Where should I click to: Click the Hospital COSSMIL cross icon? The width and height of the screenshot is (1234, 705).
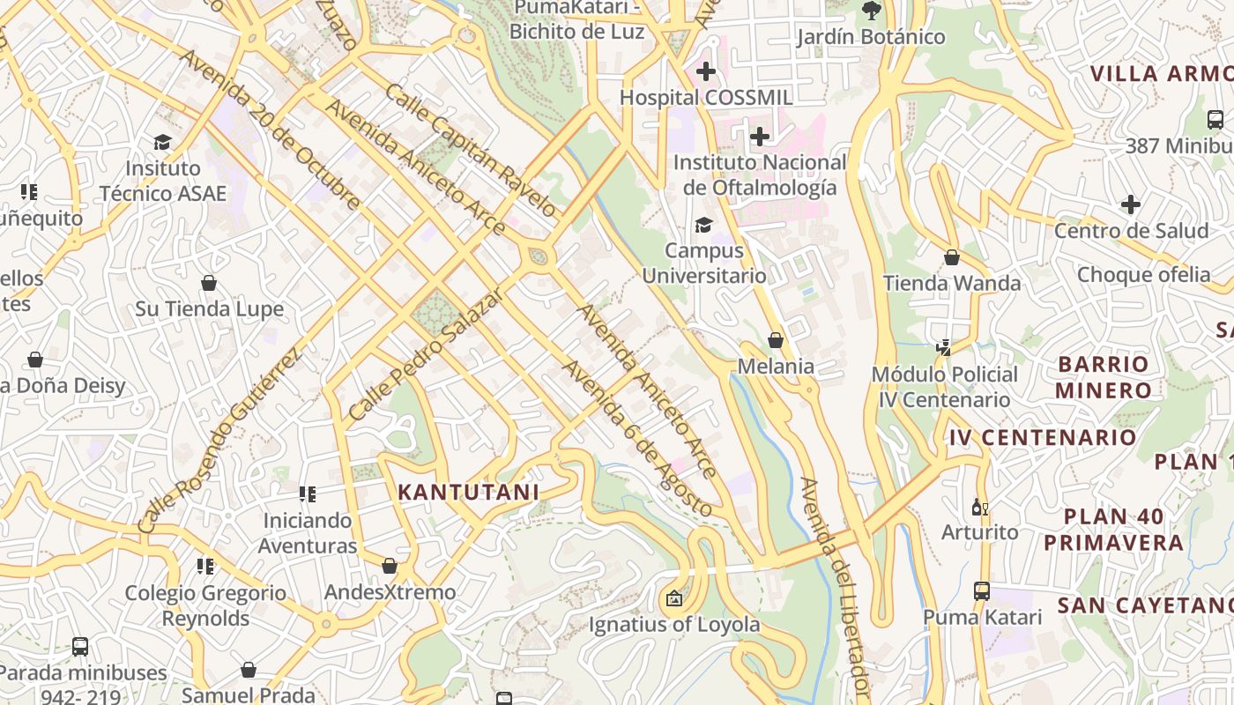click(705, 70)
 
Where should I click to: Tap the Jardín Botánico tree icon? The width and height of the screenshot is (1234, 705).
click(871, 11)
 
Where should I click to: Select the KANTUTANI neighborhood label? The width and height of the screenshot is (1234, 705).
click(468, 492)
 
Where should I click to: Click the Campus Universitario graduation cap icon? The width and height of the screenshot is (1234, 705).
click(703, 226)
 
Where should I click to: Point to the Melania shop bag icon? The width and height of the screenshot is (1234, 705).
click(776, 340)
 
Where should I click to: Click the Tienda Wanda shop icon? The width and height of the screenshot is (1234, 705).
click(952, 257)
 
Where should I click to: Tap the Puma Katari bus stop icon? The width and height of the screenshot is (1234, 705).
click(982, 590)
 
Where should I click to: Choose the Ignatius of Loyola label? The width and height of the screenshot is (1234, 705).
click(674, 625)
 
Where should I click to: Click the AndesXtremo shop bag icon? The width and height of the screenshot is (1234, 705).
click(389, 566)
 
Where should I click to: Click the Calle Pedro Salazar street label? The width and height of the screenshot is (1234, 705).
click(425, 354)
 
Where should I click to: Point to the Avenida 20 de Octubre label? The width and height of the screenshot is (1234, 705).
click(270, 130)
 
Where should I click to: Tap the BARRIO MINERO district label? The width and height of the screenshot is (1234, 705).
click(1104, 377)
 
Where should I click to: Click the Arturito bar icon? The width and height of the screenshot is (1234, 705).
click(977, 507)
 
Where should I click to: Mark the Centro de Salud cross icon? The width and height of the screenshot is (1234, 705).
click(1130, 204)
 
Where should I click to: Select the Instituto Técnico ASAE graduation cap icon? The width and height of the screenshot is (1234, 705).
click(162, 142)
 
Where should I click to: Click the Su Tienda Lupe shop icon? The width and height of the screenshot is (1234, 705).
click(209, 283)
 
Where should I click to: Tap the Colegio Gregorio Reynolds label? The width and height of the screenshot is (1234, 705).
click(205, 605)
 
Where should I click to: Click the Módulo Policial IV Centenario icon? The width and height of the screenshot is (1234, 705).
click(944, 347)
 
